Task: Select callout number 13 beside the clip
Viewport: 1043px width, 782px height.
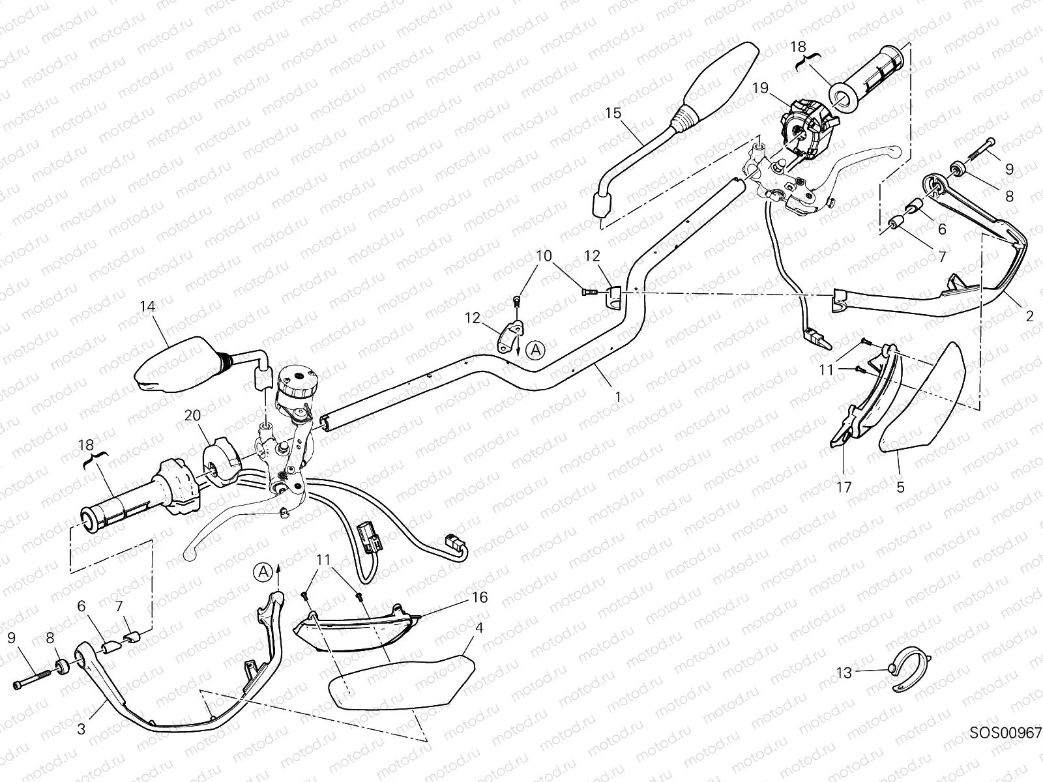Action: pos(844,673)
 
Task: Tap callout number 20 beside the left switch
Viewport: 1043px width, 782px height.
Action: pos(192,415)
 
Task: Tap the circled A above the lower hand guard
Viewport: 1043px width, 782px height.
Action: pos(263,572)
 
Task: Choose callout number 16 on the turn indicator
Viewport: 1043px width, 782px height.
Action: pos(479,598)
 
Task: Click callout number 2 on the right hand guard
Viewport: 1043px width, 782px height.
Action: pos(1029,317)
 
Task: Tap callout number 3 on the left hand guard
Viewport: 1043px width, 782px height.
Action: pos(81,729)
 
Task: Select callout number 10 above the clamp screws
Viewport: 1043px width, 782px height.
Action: pos(543,254)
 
